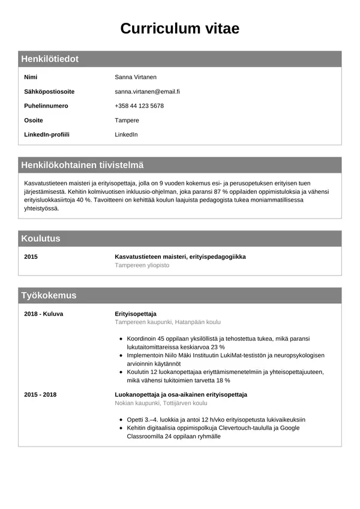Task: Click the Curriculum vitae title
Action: point(180,28)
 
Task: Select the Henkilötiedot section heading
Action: point(50,59)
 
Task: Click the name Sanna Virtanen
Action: point(136,77)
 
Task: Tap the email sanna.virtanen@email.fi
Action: point(147,92)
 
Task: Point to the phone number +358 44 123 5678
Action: point(139,106)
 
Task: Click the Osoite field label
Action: point(34,121)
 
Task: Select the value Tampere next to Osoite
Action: point(127,121)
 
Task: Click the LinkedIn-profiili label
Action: point(47,134)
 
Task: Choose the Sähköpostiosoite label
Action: point(49,92)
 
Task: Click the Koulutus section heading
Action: point(41,238)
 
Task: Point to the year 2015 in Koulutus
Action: point(31,257)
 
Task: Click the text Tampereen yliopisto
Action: point(142,265)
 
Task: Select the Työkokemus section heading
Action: point(49,295)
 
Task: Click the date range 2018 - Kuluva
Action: point(43,314)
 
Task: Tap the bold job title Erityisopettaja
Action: point(136,314)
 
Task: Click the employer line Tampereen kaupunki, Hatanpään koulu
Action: point(168,322)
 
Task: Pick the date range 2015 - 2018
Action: point(40,395)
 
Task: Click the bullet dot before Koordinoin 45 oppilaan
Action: point(122,339)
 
